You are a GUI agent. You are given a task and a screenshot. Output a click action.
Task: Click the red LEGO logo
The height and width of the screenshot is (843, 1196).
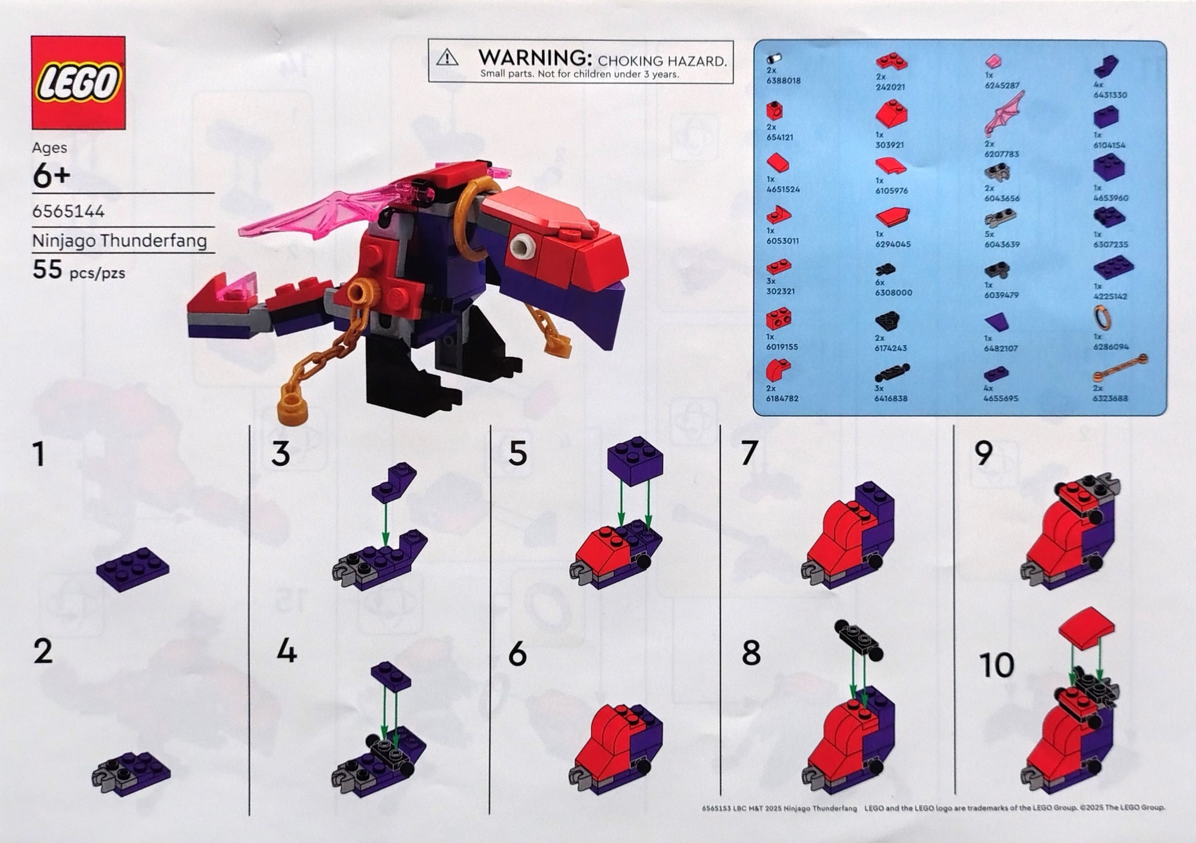pyautogui.click(x=79, y=82)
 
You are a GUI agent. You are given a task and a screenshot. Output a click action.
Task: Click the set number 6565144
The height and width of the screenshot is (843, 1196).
pyautogui.click(x=68, y=211)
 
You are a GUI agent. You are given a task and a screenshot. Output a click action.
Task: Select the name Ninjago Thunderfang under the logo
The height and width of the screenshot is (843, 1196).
pyautogui.click(x=120, y=241)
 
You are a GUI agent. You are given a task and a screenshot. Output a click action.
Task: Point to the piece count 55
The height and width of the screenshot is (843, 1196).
pyautogui.click(x=47, y=270)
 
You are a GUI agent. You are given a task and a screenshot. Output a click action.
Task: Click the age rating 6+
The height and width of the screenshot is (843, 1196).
pyautogui.click(x=51, y=176)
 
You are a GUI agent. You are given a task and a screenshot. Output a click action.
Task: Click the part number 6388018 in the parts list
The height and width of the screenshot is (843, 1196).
pyautogui.click(x=783, y=81)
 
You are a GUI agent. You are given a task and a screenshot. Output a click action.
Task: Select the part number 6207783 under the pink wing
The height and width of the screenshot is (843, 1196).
pyautogui.click(x=1001, y=154)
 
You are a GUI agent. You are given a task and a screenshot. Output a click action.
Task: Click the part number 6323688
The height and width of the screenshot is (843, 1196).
pyautogui.click(x=1110, y=398)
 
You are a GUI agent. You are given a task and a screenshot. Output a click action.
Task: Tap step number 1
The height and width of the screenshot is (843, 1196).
pyautogui.click(x=39, y=454)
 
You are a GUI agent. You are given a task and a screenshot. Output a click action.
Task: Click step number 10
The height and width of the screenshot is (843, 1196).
pyautogui.click(x=997, y=665)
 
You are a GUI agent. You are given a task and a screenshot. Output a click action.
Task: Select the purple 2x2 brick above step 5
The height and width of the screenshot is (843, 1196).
pyautogui.click(x=635, y=461)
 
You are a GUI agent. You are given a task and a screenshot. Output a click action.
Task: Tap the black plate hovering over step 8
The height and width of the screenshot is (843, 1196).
pyautogui.click(x=860, y=638)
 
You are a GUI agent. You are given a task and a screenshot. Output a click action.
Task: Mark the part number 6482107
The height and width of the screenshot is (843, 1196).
pyautogui.click(x=1001, y=348)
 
